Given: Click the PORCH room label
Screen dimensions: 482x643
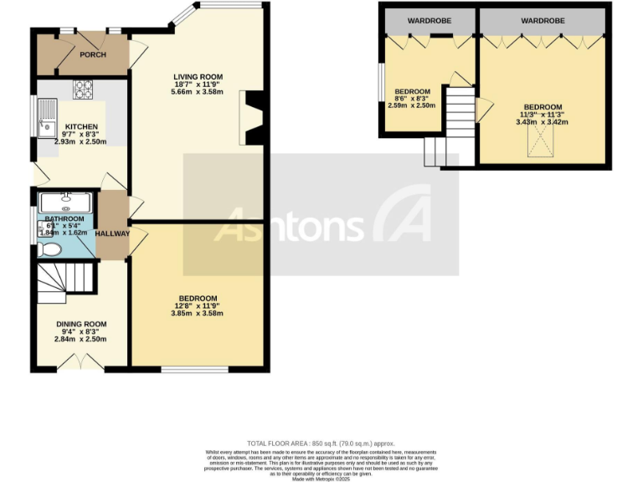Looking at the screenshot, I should point(93,55).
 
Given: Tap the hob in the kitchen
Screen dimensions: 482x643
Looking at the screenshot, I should point(83,88).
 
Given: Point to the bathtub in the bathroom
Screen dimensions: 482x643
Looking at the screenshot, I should point(65,202).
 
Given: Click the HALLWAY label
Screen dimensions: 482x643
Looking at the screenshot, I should point(112,233).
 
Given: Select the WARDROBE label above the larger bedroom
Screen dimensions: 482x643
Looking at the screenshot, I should point(543,20).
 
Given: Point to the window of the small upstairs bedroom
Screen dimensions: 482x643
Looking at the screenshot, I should point(381,86).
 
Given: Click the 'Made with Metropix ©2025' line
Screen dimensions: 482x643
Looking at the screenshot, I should point(321,478).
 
